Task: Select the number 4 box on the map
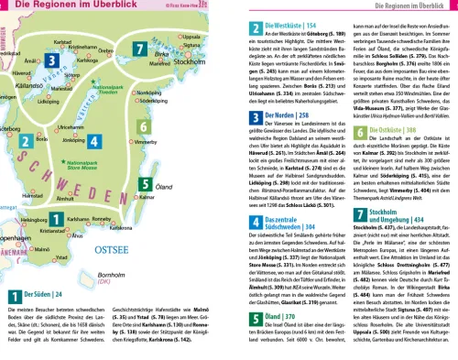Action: click(97, 143)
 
